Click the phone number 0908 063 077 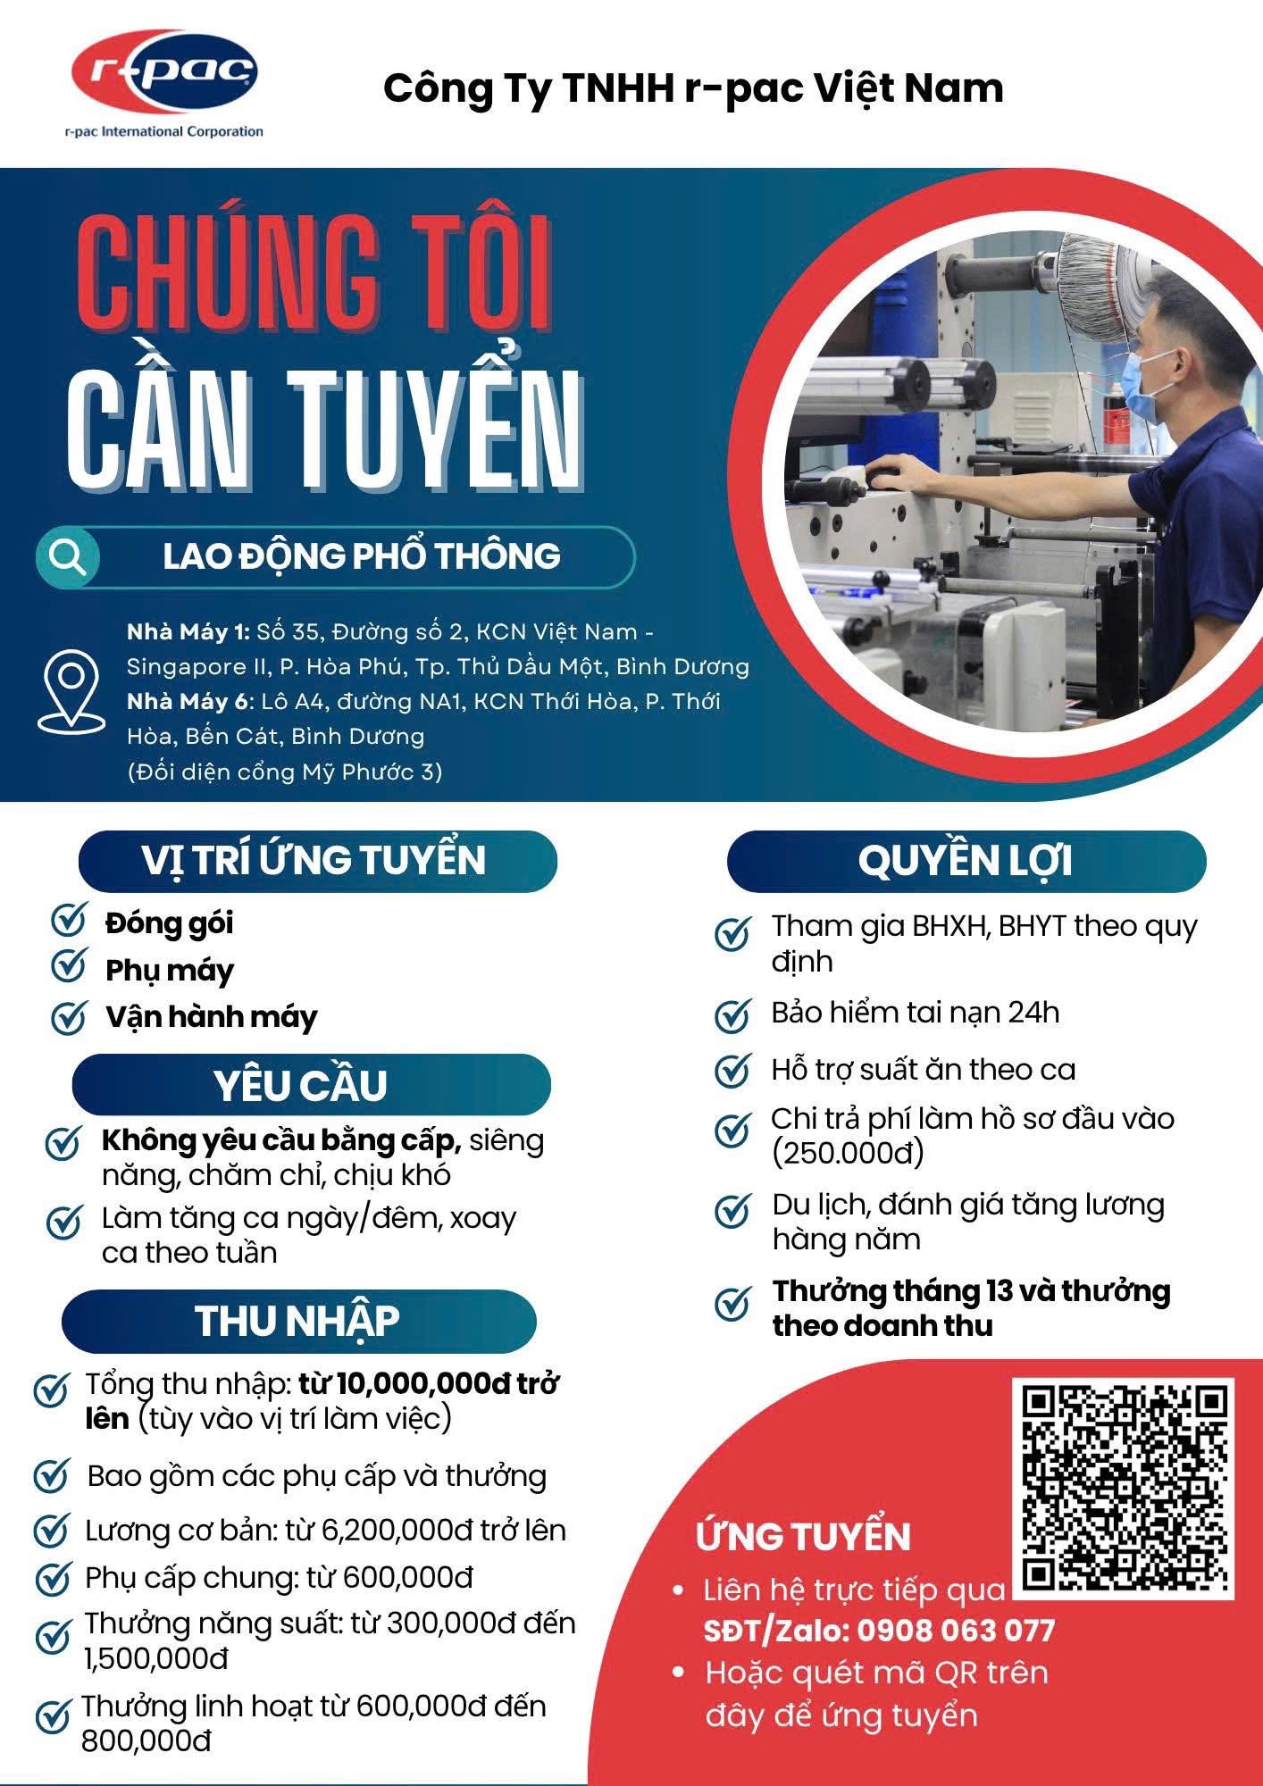pyautogui.click(x=956, y=1632)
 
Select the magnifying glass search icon pyautogui.click(x=68, y=557)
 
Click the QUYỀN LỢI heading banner pyautogui.click(x=966, y=861)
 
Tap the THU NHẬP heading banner pyautogui.click(x=298, y=1321)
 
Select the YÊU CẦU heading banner pyautogui.click(x=310, y=1084)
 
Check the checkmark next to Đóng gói pyautogui.click(x=68, y=920)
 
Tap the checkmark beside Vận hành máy pyautogui.click(x=68, y=1017)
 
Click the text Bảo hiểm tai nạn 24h pyautogui.click(x=916, y=1013)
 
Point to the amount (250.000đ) pyautogui.click(x=848, y=1153)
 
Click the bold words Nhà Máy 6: pyautogui.click(x=189, y=702)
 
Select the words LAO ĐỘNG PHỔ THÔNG pyautogui.click(x=362, y=556)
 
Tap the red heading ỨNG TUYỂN pyautogui.click(x=803, y=1537)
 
